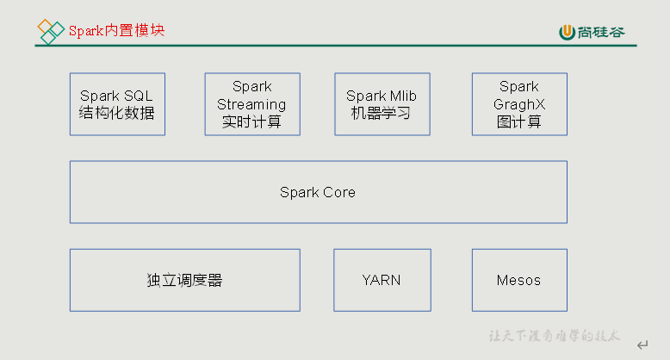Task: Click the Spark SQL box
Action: click(117, 104)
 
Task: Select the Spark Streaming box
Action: click(252, 104)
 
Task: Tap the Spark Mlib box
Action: click(382, 104)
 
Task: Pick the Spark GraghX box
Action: click(519, 104)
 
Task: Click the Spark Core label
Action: click(318, 192)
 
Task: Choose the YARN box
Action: click(382, 280)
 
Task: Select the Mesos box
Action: click(519, 280)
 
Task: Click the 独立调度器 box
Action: click(184, 280)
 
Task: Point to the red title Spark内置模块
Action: click(116, 30)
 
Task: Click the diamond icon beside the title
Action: click(51, 31)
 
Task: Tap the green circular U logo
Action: click(567, 33)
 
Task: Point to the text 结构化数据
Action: click(117, 113)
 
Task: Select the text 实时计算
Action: click(252, 121)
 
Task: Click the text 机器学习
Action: click(382, 113)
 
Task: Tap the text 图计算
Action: click(519, 121)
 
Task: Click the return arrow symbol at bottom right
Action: click(642, 345)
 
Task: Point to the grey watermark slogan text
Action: click(555, 336)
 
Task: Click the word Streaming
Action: click(252, 104)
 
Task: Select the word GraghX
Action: click(519, 104)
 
